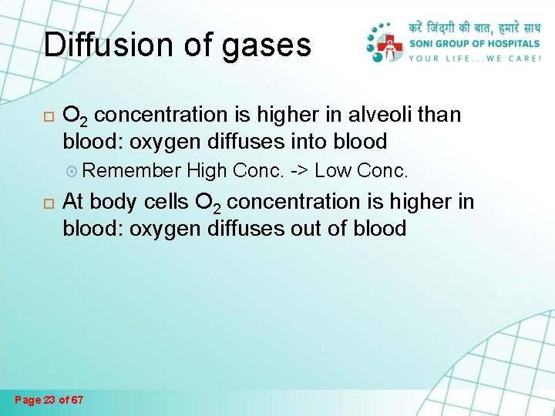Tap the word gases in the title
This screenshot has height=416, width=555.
(x=266, y=46)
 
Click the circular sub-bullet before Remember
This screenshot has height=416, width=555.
(x=69, y=169)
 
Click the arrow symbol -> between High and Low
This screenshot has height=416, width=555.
(x=299, y=169)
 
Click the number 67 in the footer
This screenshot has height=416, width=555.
(x=76, y=400)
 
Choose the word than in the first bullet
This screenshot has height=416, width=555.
(x=439, y=116)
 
